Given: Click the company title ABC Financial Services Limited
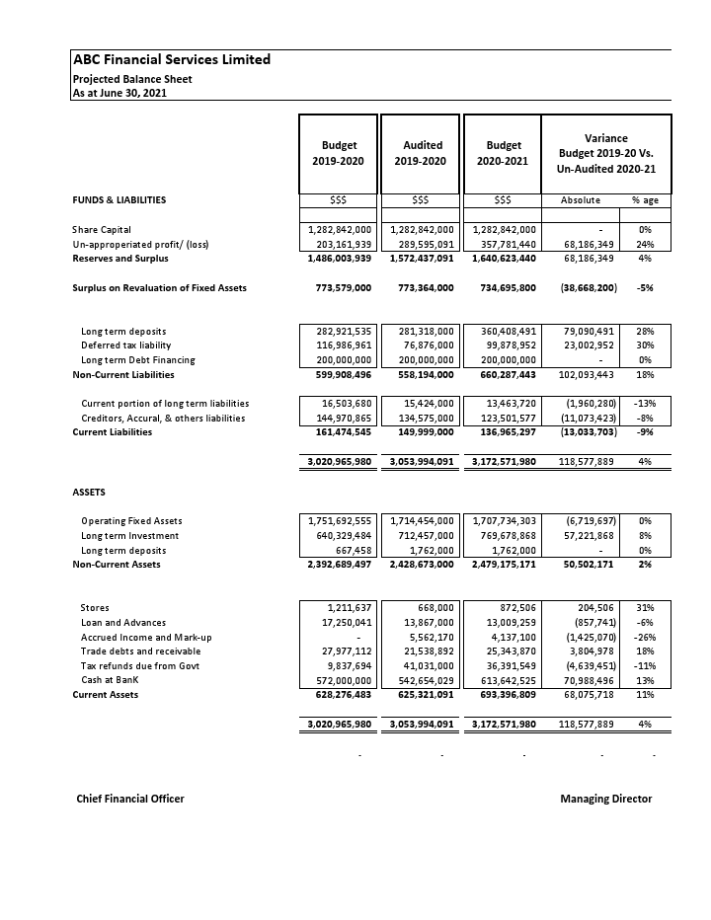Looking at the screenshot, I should tap(172, 60).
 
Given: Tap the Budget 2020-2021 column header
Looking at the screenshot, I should tap(503, 153).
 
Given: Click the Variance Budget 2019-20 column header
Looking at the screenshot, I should tap(606, 153).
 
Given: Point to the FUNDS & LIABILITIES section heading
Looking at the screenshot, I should tap(119, 200).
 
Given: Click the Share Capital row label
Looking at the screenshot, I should tap(102, 230).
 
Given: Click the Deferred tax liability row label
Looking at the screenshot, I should tap(125, 345).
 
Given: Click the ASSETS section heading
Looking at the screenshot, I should tap(90, 492).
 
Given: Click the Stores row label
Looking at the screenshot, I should tap(95, 608).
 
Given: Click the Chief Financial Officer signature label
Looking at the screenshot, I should tap(130, 799).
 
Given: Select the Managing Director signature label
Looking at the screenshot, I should tap(605, 799).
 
